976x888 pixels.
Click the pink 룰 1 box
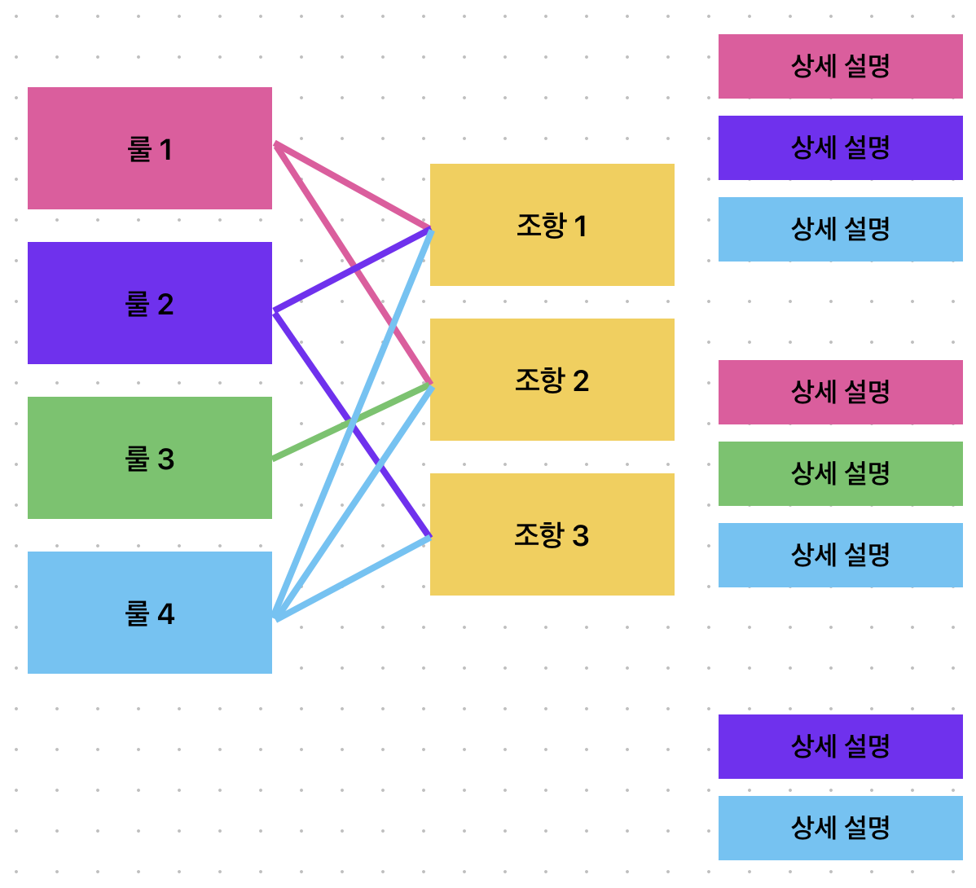(149, 148)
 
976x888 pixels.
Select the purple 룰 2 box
(149, 303)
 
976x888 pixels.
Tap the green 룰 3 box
(149, 458)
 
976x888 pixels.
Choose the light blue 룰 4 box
(149, 613)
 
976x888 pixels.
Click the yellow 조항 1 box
(552, 225)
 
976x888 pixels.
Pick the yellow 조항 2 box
(552, 380)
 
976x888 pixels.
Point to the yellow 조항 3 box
(552, 534)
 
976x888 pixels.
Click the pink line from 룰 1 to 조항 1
(352, 186)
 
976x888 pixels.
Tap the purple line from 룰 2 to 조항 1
(352, 270)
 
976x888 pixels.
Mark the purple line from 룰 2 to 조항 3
(352, 424)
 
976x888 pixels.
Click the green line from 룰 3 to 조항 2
(352, 423)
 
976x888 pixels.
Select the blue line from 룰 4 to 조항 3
(352, 578)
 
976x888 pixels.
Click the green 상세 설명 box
(840, 473)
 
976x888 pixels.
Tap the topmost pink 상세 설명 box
(840, 67)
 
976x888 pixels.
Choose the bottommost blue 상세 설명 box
(840, 829)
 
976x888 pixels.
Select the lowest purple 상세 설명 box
(840, 747)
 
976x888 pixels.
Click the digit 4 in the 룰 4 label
(166, 614)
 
